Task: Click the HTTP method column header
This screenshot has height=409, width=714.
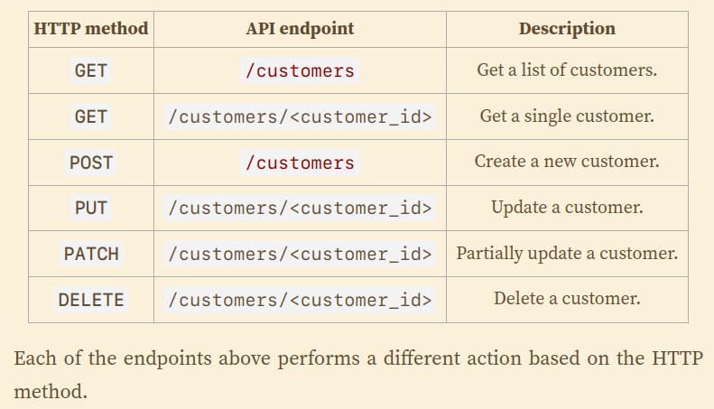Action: [x=91, y=29]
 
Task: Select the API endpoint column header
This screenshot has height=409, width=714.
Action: [x=300, y=29]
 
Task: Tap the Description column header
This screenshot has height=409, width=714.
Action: [x=567, y=29]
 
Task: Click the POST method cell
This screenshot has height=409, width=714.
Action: [x=91, y=163]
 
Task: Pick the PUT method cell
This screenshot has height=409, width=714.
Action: [x=91, y=209]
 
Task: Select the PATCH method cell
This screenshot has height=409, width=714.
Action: [x=91, y=254]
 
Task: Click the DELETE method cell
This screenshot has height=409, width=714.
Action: [x=91, y=300]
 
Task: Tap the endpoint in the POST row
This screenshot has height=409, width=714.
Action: [x=300, y=163]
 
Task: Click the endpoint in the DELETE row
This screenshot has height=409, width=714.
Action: [x=300, y=300]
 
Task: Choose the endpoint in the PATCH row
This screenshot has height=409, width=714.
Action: [x=300, y=254]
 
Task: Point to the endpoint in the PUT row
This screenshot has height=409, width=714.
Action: [x=300, y=209]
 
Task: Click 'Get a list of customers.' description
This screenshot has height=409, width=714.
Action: [x=567, y=70]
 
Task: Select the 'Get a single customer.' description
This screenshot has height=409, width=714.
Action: [x=567, y=116]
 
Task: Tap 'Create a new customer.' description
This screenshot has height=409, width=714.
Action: [x=567, y=162]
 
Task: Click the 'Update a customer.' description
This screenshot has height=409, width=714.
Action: [x=567, y=208]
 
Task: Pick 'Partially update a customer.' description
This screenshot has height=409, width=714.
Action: [x=567, y=254]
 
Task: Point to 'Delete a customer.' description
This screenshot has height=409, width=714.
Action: [x=567, y=299]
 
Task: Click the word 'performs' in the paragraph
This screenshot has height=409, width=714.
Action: [x=319, y=359]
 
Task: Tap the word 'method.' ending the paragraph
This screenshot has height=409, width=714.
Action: [x=51, y=392]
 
